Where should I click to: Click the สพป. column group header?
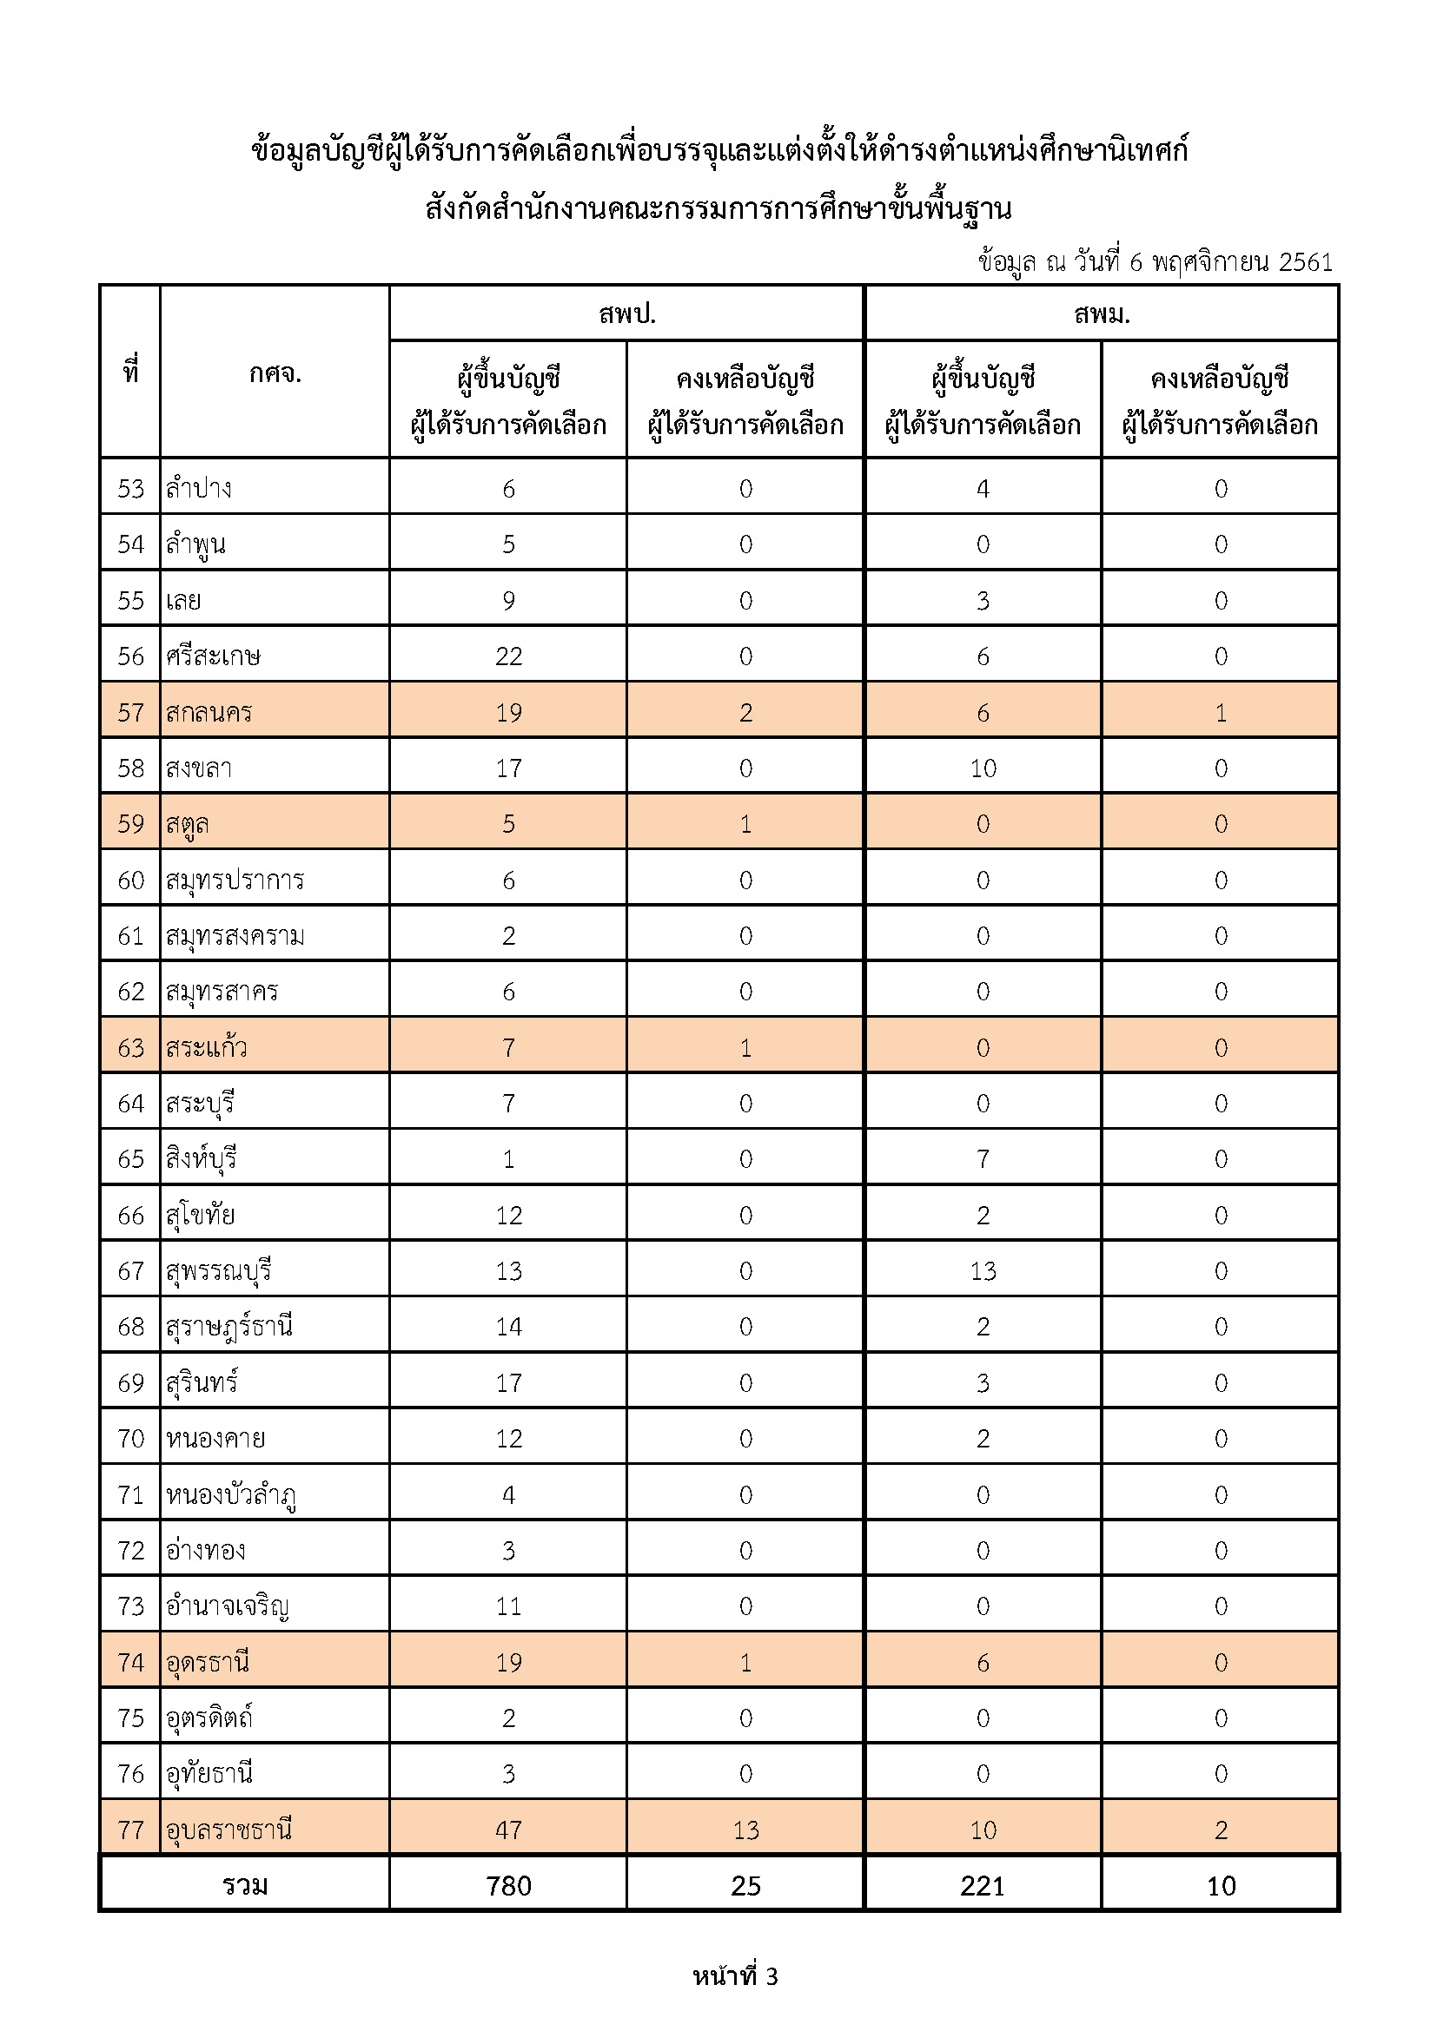pos(626,314)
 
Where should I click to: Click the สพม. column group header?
pos(1102,314)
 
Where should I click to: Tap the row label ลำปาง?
pos(199,488)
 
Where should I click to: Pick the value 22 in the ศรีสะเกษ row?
pos(509,656)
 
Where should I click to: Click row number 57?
pos(131,712)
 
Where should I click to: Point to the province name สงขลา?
pos(199,768)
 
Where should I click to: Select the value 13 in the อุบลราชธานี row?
pos(746,1830)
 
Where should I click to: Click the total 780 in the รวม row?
pos(509,1886)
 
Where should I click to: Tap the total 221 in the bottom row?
pos(983,1886)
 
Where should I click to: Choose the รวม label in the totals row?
pos(245,1886)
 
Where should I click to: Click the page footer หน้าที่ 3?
pos(735,1976)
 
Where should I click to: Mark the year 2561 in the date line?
pos(1305,262)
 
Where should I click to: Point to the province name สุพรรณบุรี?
pos(219,1271)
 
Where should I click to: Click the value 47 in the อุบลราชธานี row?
pos(509,1830)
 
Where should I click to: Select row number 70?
pos(131,1438)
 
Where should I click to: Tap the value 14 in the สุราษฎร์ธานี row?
pos(509,1327)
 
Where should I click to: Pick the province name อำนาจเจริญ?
pos(228,1606)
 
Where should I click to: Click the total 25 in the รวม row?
pos(746,1886)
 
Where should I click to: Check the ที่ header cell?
pos(131,372)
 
